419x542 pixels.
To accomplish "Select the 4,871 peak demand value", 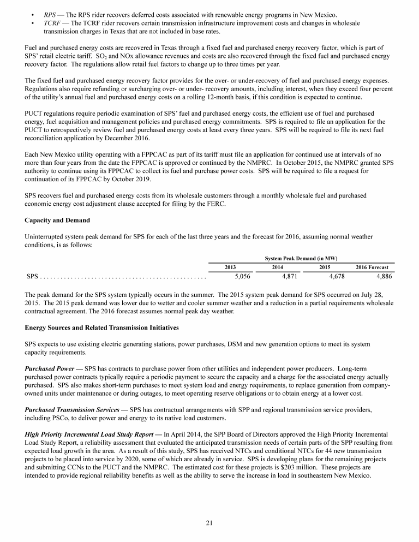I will point(289,276).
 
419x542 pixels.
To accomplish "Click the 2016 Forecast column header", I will point(372,267).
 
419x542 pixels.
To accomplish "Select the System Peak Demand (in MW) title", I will point(301,257).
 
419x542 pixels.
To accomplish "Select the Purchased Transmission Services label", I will point(73,409).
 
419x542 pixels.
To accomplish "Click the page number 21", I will point(209,523).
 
